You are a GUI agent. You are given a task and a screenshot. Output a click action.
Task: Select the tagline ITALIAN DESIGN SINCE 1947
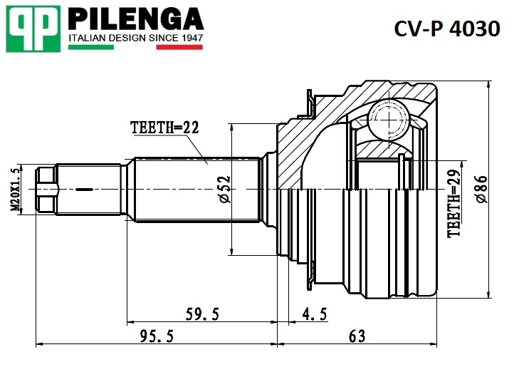[x=135, y=37]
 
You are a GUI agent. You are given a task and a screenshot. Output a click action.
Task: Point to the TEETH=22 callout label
[x=164, y=128]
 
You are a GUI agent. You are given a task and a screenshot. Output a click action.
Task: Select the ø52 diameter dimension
[x=224, y=190]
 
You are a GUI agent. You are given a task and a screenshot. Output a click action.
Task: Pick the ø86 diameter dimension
[x=481, y=190]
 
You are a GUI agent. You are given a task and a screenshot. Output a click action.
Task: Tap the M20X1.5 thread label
[x=16, y=188]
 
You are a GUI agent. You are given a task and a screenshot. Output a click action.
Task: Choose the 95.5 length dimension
[x=157, y=336]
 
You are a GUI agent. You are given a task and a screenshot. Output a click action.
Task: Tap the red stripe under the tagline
[x=179, y=47]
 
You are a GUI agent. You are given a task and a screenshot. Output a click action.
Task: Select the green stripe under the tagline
[x=90, y=47]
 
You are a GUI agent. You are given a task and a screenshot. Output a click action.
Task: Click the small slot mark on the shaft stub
[x=84, y=190]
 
